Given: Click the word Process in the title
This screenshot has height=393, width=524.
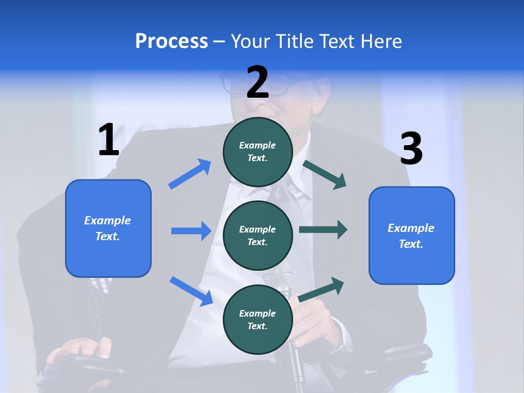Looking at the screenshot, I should click(171, 41).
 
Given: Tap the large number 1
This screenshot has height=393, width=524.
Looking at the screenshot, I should click(109, 140).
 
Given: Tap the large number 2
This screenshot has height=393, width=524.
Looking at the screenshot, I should click(258, 82).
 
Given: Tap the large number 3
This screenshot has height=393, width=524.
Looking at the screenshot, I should click(411, 149).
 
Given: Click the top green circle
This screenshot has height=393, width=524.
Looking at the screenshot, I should click(258, 152).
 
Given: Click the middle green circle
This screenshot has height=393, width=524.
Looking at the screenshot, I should click(258, 235).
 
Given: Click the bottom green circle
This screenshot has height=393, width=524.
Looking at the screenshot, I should click(258, 319).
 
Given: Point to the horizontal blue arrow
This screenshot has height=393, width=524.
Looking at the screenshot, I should click(192, 231).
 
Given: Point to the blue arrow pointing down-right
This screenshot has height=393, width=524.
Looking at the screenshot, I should click(192, 291).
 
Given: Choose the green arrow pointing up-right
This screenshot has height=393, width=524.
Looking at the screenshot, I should click(321, 289).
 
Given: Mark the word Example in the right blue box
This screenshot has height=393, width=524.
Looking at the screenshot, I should click(411, 228).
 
